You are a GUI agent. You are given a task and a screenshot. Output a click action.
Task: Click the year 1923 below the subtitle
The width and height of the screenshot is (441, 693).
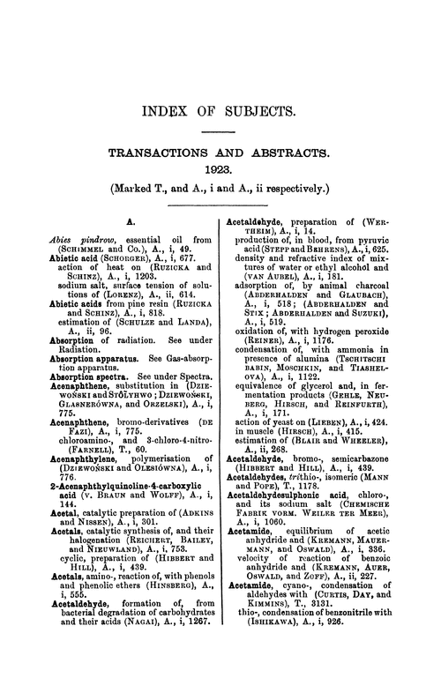click(x=220, y=166)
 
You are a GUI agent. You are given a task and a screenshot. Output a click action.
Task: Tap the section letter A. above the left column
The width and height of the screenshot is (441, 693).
click(x=131, y=225)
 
